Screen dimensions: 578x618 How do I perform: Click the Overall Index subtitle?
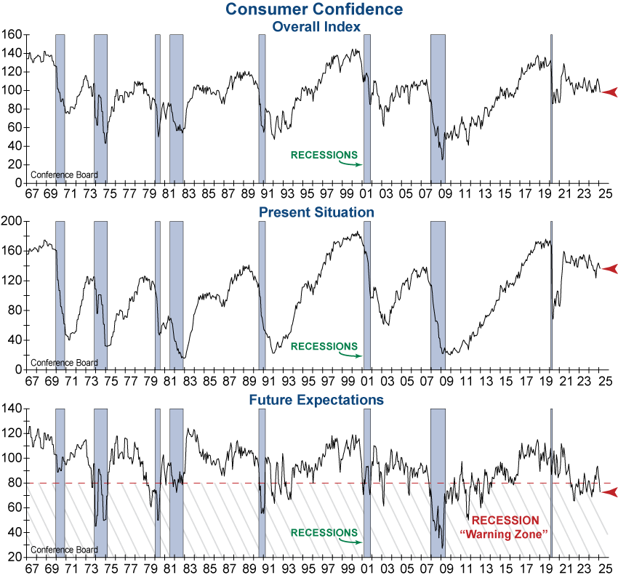316,26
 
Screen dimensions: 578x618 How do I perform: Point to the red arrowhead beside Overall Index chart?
609,92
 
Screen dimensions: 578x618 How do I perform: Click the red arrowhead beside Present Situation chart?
609,269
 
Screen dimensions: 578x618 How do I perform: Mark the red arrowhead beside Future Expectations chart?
609,493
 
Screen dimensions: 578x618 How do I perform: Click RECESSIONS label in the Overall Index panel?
324,155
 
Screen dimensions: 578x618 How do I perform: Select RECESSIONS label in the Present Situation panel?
324,346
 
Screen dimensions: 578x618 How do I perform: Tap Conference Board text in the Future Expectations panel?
64,550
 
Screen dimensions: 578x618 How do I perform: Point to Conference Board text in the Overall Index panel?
64,175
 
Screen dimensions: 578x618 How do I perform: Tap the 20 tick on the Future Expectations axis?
14,558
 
